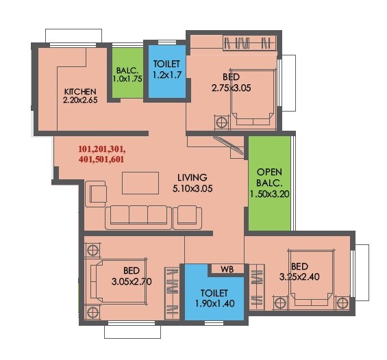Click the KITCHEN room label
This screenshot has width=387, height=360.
coord(80,91)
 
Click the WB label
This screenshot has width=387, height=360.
coord(227,269)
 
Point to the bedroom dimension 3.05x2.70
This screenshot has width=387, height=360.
coord(132,281)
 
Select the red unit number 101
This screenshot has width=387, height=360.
coord(86,149)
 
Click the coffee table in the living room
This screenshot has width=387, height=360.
coord(140,183)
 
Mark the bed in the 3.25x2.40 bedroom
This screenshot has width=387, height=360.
coord(310,281)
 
